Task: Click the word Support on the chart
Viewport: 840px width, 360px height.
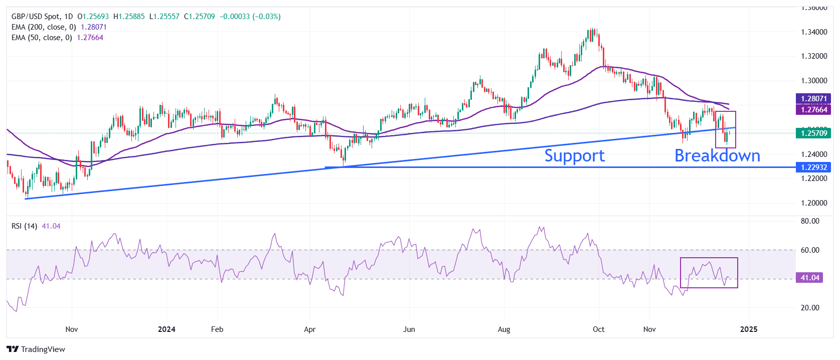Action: [x=574, y=155]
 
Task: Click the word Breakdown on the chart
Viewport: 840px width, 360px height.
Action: [x=717, y=155]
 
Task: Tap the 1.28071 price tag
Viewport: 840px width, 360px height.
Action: [x=813, y=99]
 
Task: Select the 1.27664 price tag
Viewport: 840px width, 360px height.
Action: [x=813, y=109]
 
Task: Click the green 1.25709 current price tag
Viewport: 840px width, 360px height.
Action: [x=813, y=133]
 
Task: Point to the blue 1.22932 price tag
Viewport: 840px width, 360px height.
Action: [x=813, y=167]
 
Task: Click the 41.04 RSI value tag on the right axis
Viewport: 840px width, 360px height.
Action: [x=809, y=277]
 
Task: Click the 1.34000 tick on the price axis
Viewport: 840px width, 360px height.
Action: [x=813, y=32]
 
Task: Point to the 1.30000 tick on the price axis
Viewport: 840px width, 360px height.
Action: [x=813, y=81]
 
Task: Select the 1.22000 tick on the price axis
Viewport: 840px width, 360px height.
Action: [x=813, y=178]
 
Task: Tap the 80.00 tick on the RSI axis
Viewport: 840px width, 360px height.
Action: [x=810, y=221]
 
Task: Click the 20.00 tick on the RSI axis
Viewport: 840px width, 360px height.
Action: [x=810, y=308]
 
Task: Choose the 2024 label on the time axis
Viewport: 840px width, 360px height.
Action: [x=166, y=329]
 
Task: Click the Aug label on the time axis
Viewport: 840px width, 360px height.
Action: [x=503, y=329]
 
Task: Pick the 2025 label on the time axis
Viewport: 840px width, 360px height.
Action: [x=749, y=329]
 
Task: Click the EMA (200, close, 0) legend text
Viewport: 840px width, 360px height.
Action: [x=44, y=27]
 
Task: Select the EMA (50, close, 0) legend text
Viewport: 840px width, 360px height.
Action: [x=42, y=38]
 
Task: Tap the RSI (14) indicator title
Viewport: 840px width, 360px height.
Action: [x=24, y=226]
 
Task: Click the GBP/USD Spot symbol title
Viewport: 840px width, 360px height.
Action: [x=35, y=17]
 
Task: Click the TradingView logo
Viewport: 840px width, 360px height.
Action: [x=36, y=349]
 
